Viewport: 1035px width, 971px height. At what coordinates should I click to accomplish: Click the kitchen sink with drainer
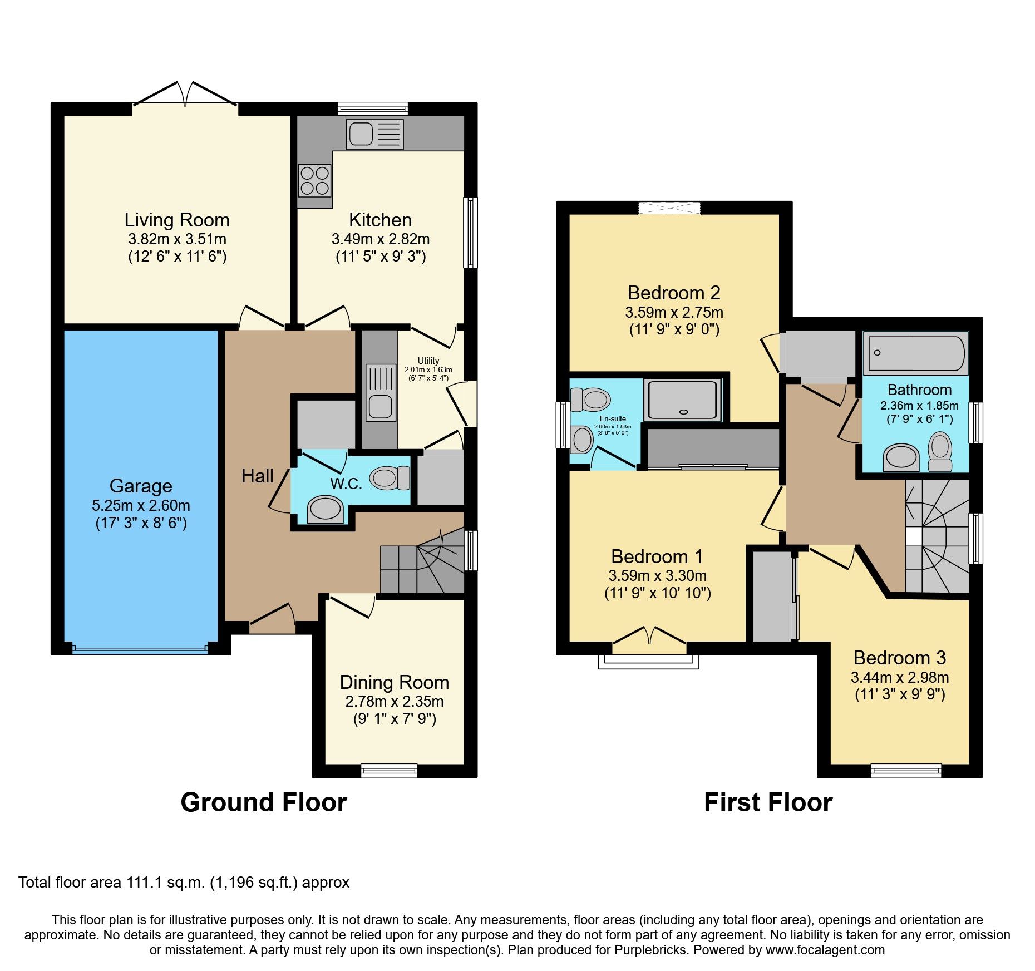click(374, 134)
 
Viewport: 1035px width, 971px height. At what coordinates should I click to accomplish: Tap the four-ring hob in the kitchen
click(314, 180)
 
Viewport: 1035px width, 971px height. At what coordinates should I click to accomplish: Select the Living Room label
click(177, 220)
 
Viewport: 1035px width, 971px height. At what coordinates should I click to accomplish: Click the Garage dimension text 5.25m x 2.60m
click(141, 505)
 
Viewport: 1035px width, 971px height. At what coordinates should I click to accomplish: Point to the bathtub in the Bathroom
click(915, 353)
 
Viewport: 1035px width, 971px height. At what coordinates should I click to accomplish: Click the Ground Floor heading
click(264, 802)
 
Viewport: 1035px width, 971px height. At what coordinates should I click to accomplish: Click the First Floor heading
click(768, 802)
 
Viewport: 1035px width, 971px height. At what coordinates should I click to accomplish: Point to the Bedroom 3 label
click(899, 658)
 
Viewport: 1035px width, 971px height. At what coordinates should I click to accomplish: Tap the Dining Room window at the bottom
click(389, 770)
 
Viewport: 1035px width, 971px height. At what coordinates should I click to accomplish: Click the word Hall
click(257, 476)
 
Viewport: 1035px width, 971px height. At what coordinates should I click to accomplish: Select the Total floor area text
click(184, 883)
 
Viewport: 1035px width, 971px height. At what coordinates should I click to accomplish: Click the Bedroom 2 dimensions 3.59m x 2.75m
click(674, 312)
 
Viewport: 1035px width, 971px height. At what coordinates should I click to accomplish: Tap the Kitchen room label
click(380, 220)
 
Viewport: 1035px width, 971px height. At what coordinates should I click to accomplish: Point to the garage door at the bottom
click(140, 648)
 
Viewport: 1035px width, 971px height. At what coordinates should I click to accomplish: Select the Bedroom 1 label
click(657, 556)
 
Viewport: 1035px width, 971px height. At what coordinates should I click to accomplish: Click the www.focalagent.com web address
click(825, 950)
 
